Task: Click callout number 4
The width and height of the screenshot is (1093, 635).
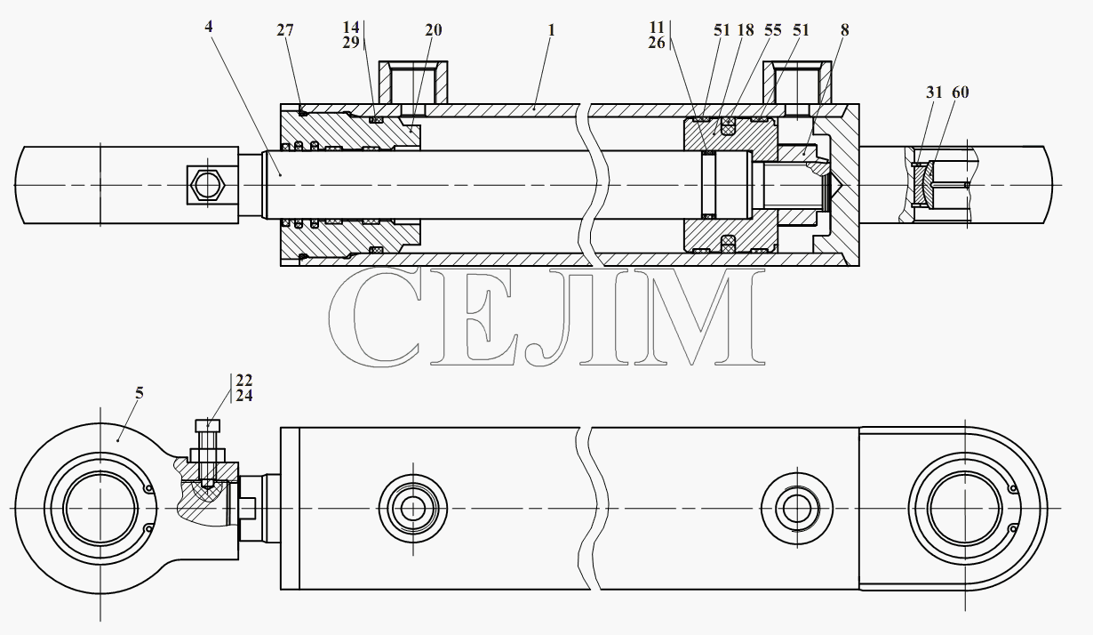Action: click(x=208, y=27)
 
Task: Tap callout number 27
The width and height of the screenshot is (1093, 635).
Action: click(x=285, y=30)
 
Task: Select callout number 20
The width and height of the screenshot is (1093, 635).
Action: click(x=434, y=30)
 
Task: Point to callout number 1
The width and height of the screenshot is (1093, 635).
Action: click(x=551, y=30)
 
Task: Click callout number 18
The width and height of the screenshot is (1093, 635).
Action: click(x=746, y=30)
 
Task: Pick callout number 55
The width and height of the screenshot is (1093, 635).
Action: click(x=773, y=30)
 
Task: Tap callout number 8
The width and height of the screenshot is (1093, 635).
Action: click(x=845, y=30)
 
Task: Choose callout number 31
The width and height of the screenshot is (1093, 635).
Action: click(x=934, y=92)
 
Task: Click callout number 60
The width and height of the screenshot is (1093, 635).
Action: click(x=961, y=92)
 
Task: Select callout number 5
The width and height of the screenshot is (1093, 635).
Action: click(x=140, y=393)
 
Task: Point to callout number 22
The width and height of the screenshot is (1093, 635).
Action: click(x=244, y=380)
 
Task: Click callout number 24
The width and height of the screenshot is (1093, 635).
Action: click(x=244, y=396)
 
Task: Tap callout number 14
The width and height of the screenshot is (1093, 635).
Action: click(x=351, y=28)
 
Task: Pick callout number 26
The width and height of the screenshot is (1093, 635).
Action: click(x=657, y=43)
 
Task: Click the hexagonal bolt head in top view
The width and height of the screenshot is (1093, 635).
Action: click(x=207, y=185)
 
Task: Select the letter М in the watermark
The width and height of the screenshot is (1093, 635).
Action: click(x=698, y=317)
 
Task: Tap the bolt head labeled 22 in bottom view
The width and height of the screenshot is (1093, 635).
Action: click(x=207, y=425)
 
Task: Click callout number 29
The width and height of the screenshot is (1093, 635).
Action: click(x=351, y=43)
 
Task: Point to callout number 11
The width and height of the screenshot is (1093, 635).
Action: click(x=657, y=28)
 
